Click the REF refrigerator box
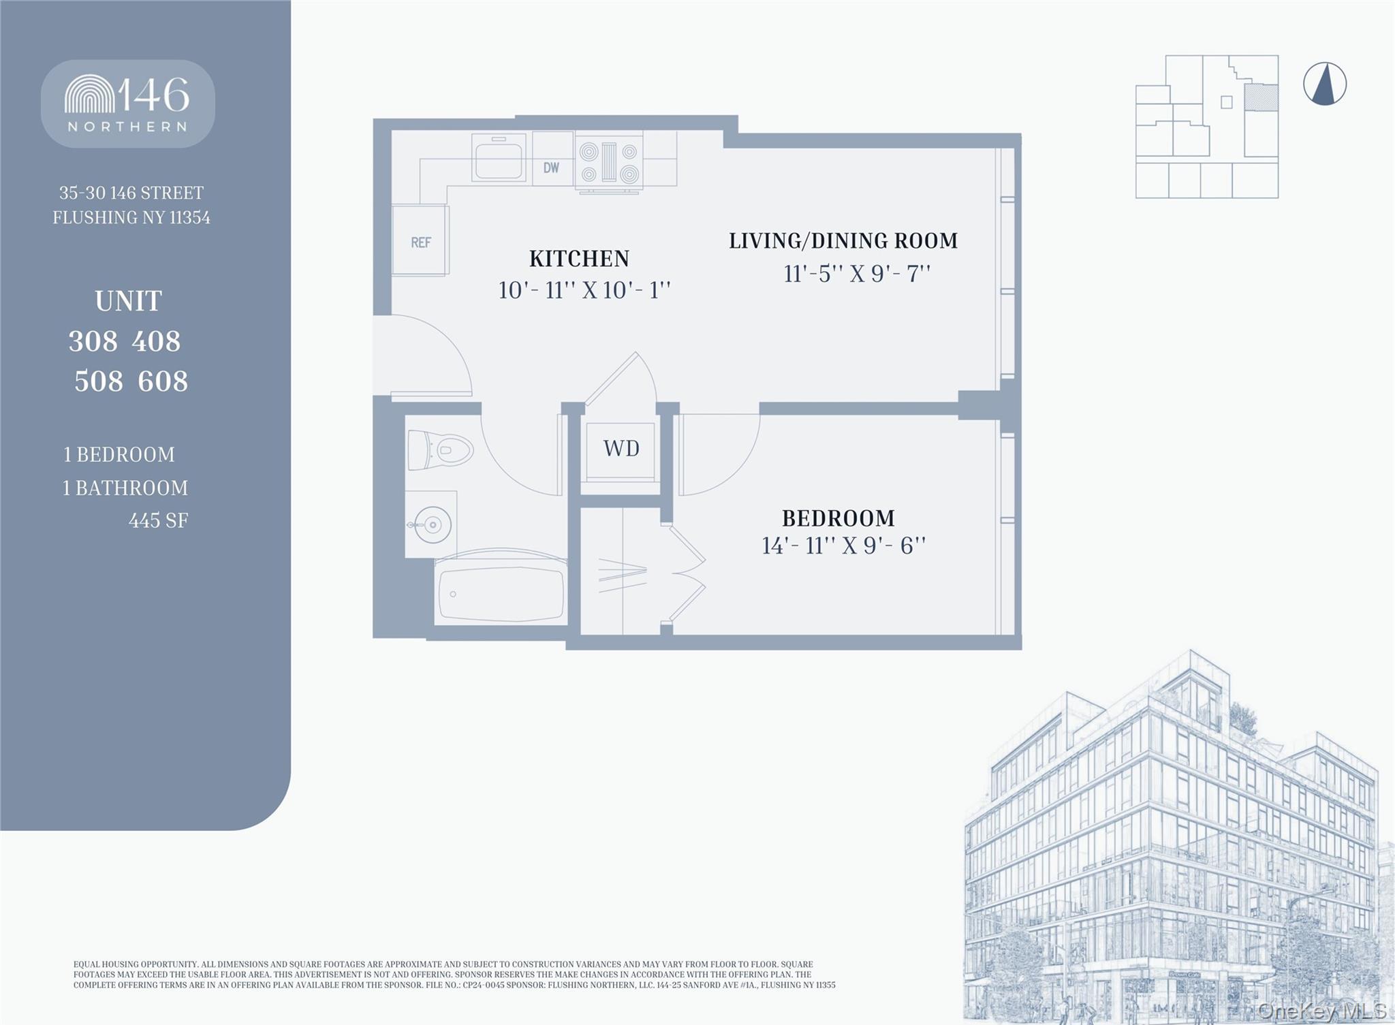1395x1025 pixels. (x=420, y=241)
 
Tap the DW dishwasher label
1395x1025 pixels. (x=551, y=168)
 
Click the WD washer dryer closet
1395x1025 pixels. (x=621, y=449)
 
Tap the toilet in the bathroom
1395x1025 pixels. (x=439, y=450)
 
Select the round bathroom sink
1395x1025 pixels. (x=431, y=524)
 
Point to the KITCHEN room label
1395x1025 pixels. (x=579, y=259)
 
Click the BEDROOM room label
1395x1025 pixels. (x=838, y=518)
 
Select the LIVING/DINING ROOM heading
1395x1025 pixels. (x=843, y=240)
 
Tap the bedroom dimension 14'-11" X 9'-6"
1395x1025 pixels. (x=843, y=546)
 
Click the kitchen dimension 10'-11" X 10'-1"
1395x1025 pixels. (x=584, y=291)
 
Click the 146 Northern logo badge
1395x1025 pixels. (x=128, y=104)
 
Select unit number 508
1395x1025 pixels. (x=99, y=381)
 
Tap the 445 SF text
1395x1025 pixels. (x=158, y=521)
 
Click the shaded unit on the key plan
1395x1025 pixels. (x=1261, y=97)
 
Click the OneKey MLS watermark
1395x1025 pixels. (x=1321, y=1010)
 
